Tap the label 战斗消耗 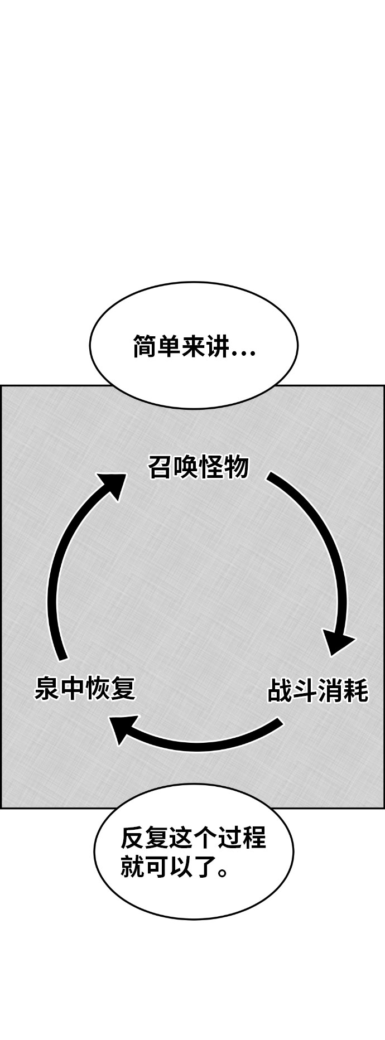pos(317,690)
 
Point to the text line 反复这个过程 pos(193,838)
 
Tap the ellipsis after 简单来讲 pos(243,352)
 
